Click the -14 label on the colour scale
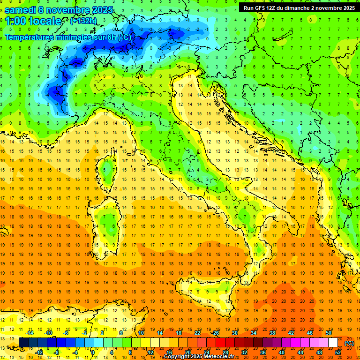[x=29, y=333]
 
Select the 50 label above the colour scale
[x=328, y=333]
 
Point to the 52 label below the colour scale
[x=338, y=352]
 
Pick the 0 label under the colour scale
[x=93, y=352]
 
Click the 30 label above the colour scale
[x=234, y=333]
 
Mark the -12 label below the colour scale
[x=38, y=352]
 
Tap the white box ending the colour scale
[x=333, y=343]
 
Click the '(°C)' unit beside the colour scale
[x=349, y=343]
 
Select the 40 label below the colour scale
[x=281, y=352]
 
